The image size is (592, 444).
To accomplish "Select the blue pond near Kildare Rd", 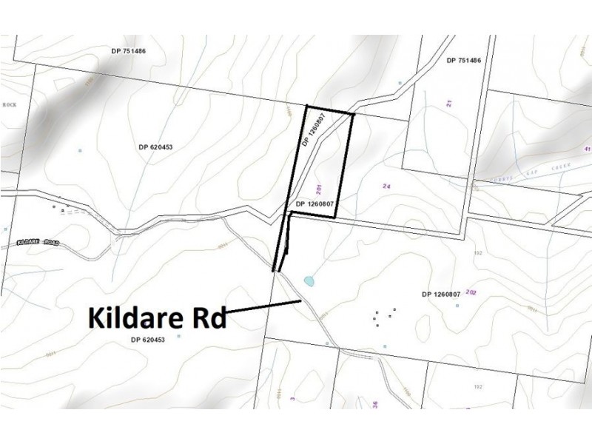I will tap(309, 281).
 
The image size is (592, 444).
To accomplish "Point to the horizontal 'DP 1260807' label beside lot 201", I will tap(317, 203).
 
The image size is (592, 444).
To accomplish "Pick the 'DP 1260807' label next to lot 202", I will tap(441, 294).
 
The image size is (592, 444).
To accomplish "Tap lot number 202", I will tap(471, 292).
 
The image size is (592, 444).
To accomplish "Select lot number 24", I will tap(386, 186).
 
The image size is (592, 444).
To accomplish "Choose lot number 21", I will tap(449, 104).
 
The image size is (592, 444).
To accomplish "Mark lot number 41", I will tap(587, 149).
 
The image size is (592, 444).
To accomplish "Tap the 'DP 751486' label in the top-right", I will tap(465, 60).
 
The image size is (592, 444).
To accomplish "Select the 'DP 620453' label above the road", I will tap(155, 147).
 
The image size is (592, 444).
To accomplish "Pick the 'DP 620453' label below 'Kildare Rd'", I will tap(147, 340).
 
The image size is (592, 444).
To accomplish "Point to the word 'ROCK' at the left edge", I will tap(10, 105).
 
